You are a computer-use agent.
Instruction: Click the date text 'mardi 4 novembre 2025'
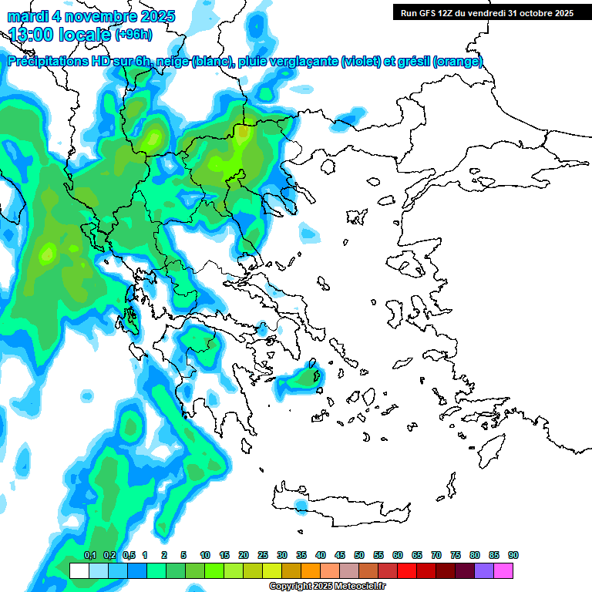91,16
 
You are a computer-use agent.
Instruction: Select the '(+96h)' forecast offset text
133,34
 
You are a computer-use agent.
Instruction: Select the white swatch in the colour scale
79,571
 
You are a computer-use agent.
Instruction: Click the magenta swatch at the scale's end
503,571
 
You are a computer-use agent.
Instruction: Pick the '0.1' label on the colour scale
89,556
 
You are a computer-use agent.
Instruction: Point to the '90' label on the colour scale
513,556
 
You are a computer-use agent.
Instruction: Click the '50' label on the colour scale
359,556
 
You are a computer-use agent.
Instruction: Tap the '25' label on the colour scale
263,556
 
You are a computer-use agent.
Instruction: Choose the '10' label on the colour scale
205,556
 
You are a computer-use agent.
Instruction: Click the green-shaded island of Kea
306,378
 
